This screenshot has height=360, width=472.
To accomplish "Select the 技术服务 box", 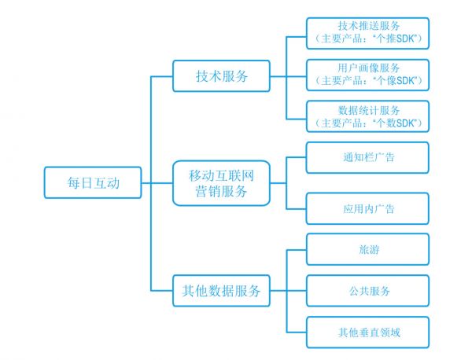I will (x=221, y=77).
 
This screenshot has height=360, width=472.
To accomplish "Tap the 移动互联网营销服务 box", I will (x=221, y=182).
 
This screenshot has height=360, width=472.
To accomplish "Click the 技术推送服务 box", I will (x=368, y=32).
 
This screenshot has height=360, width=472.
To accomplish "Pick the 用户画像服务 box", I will (x=368, y=74).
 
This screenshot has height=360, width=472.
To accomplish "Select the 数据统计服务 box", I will (x=368, y=116).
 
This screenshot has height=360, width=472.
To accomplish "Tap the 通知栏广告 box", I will (x=368, y=157).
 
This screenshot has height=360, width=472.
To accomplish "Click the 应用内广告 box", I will (x=368, y=209).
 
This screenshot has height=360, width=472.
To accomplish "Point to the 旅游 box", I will (x=368, y=250).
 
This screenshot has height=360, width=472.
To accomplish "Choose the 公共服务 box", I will (x=368, y=291).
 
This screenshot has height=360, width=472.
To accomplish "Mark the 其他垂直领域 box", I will (x=368, y=332).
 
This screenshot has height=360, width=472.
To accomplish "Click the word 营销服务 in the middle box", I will (x=221, y=191).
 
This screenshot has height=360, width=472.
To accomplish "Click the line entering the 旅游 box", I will (x=296, y=250).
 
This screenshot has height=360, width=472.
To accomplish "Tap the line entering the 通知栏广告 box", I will (x=296, y=157).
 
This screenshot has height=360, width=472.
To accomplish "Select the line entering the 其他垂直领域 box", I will (x=296, y=332).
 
